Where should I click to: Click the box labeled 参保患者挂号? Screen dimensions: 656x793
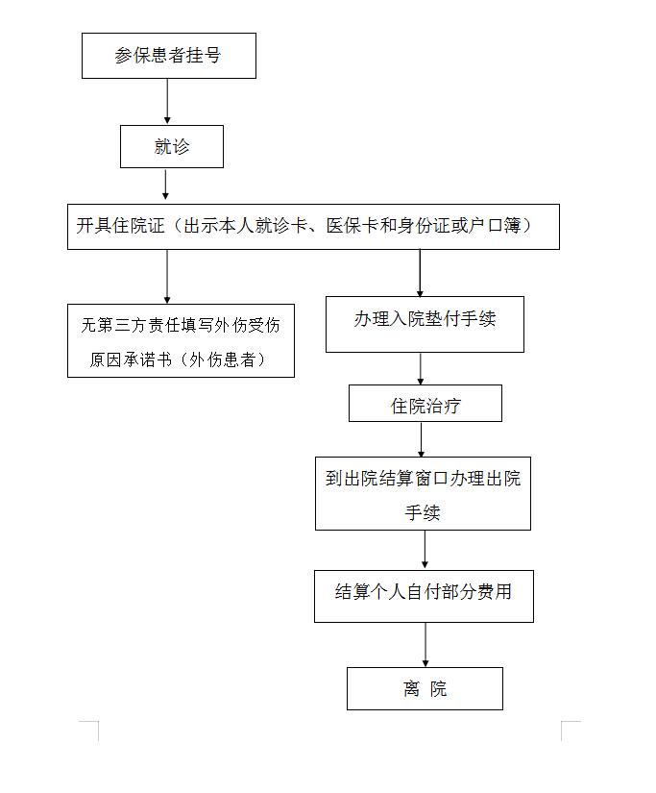(169, 56)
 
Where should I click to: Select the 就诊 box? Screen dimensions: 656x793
(172, 147)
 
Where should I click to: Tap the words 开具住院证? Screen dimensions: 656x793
(121, 226)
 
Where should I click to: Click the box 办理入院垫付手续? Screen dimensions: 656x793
(425, 324)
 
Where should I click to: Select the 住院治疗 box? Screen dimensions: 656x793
(425, 403)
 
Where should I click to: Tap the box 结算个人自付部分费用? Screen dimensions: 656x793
(424, 596)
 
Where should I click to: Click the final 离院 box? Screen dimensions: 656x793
(425, 689)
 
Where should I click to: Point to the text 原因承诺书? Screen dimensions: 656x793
(132, 359)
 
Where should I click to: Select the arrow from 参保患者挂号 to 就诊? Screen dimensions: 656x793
(167, 101)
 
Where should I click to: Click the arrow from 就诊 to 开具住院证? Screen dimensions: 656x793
(165, 185)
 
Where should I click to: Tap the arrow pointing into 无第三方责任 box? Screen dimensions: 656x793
(167, 277)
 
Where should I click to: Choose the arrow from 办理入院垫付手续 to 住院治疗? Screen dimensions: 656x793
(421, 369)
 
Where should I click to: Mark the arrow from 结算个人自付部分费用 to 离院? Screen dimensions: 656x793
(425, 645)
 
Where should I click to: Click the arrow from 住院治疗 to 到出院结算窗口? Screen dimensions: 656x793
(422, 439)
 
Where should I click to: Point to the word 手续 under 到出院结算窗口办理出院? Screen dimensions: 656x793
(423, 513)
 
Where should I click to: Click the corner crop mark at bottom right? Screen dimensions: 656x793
(562, 722)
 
